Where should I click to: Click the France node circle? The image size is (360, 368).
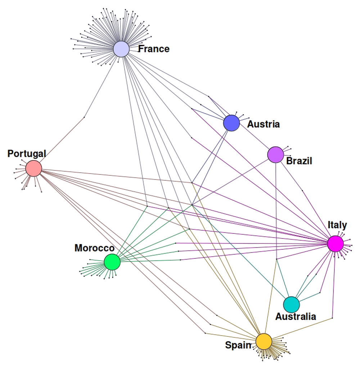(x=121, y=49)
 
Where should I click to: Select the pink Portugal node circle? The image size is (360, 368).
(x=34, y=168)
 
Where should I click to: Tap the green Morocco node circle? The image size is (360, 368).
(x=112, y=262)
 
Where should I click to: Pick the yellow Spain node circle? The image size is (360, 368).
(x=264, y=341)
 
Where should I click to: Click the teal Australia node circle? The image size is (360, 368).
(x=291, y=304)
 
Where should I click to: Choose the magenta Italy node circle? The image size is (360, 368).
(x=336, y=244)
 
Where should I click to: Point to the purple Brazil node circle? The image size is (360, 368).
(x=276, y=155)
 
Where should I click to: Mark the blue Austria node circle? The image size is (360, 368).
(x=231, y=123)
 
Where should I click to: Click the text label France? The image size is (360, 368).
(x=154, y=49)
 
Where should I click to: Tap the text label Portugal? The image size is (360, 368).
(x=27, y=154)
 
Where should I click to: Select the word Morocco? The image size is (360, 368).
(x=94, y=248)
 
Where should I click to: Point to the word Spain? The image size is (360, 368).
(x=238, y=345)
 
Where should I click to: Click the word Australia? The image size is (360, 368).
(x=296, y=317)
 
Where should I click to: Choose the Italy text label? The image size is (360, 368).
(x=337, y=225)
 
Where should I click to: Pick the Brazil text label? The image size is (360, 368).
(x=299, y=161)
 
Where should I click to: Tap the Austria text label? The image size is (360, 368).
(x=263, y=124)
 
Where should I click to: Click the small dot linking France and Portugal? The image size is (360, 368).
(x=84, y=117)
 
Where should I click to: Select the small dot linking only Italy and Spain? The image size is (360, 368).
(x=332, y=318)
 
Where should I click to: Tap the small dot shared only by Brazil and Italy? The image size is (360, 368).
(x=302, y=190)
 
